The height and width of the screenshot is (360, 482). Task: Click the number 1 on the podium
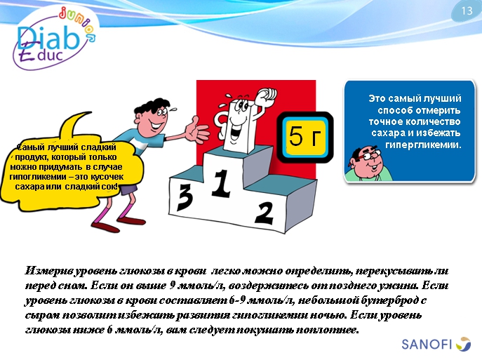pos(222,184)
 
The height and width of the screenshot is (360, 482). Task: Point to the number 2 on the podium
pos(265,212)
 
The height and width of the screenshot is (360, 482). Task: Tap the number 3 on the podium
pos(185,197)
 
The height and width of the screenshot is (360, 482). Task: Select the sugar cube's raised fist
pos(265,95)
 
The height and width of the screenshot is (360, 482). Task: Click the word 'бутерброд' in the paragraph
pos(395,300)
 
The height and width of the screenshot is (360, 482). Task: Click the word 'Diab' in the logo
pos(44,39)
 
